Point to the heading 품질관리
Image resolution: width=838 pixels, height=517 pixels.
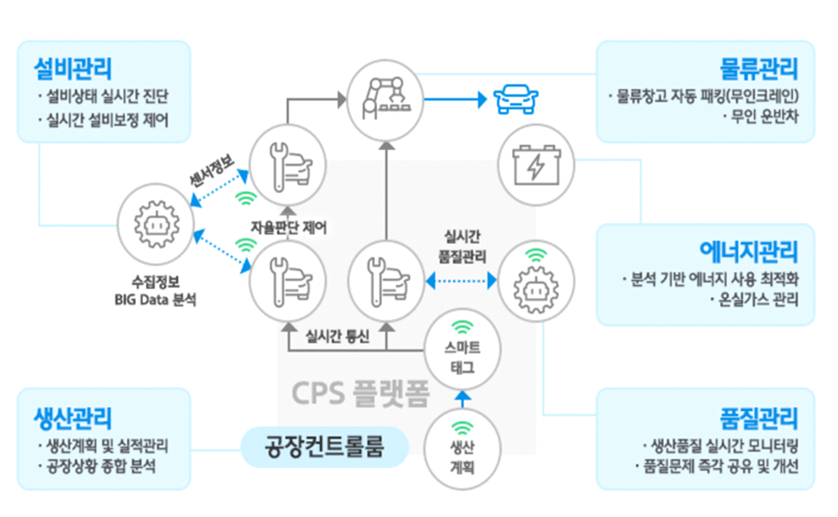point(759,419)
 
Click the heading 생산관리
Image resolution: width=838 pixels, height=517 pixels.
point(72,419)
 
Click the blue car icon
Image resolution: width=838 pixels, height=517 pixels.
point(517,99)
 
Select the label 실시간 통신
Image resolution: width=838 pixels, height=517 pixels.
point(338,336)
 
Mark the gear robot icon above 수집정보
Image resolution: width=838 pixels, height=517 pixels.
point(155,225)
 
